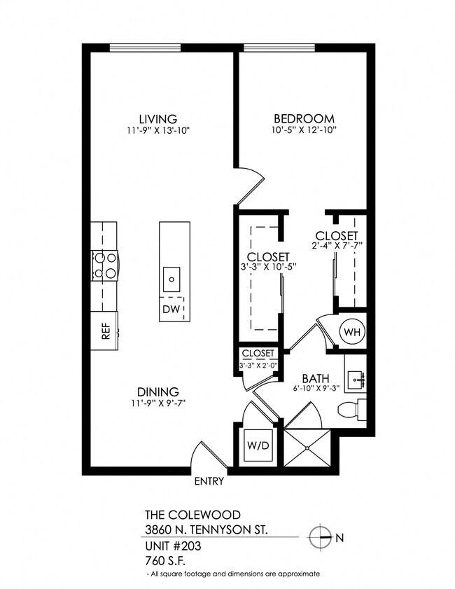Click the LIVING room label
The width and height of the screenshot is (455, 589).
(157, 119)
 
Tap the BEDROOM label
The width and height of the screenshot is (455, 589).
(304, 119)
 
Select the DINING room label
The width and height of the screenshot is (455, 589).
(158, 392)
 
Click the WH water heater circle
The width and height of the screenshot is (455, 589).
(352, 331)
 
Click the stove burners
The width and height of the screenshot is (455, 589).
(105, 265)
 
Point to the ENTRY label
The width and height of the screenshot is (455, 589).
(209, 481)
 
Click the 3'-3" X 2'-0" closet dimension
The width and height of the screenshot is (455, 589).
(258, 365)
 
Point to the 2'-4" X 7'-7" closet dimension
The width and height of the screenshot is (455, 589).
(337, 245)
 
